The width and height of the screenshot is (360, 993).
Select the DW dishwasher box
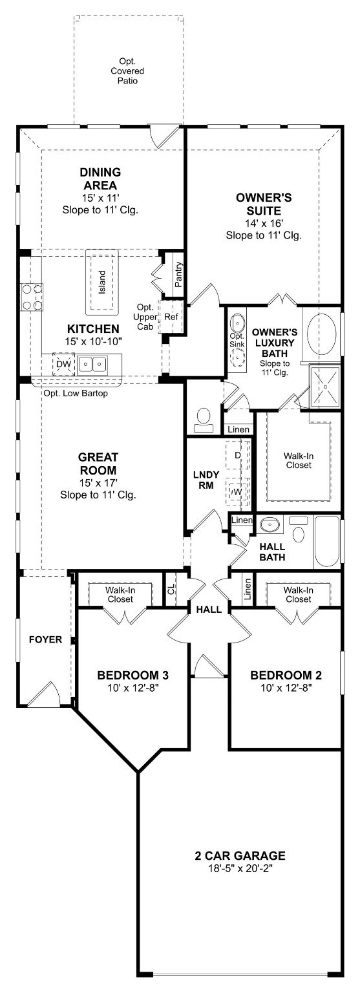coord(63,364)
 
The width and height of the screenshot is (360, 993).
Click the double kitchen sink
coord(92,365)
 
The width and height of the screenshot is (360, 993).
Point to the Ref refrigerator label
coord(171,317)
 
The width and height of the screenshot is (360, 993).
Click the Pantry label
coord(178,275)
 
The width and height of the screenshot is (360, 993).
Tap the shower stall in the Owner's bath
coord(325,387)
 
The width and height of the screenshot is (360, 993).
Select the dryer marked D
coord(237,455)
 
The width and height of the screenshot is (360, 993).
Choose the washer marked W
coord(237,492)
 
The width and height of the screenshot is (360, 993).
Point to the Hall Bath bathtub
coord(327,541)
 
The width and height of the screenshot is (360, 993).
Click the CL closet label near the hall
coord(171,588)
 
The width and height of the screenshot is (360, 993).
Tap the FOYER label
coord(46,639)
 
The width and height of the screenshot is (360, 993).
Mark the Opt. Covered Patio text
coord(127,71)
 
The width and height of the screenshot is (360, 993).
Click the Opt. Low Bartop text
coord(76,393)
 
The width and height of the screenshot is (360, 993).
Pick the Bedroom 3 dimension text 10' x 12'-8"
coord(133,688)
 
